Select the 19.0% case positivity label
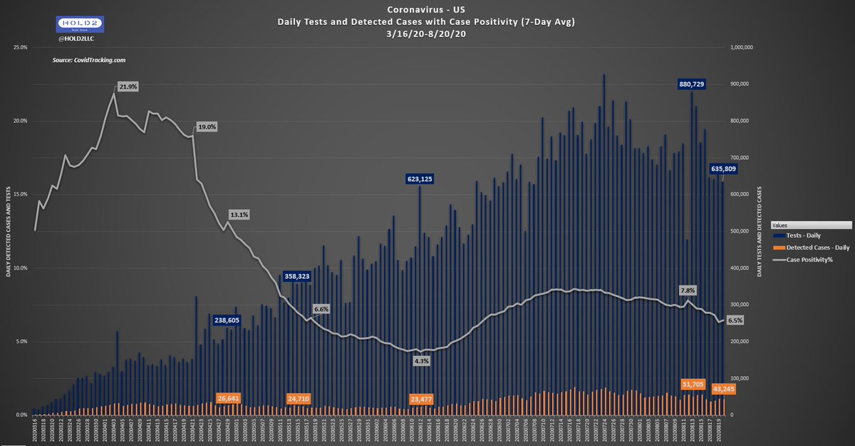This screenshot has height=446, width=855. [x=207, y=127]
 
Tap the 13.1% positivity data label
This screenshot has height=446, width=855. [x=239, y=214]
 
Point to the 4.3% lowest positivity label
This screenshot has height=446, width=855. [x=421, y=361]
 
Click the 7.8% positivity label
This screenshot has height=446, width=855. [x=688, y=290]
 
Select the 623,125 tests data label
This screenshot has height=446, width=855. [x=420, y=178]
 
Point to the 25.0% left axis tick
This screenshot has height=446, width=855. [x=20, y=47]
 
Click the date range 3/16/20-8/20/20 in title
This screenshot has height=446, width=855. [x=427, y=33]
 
